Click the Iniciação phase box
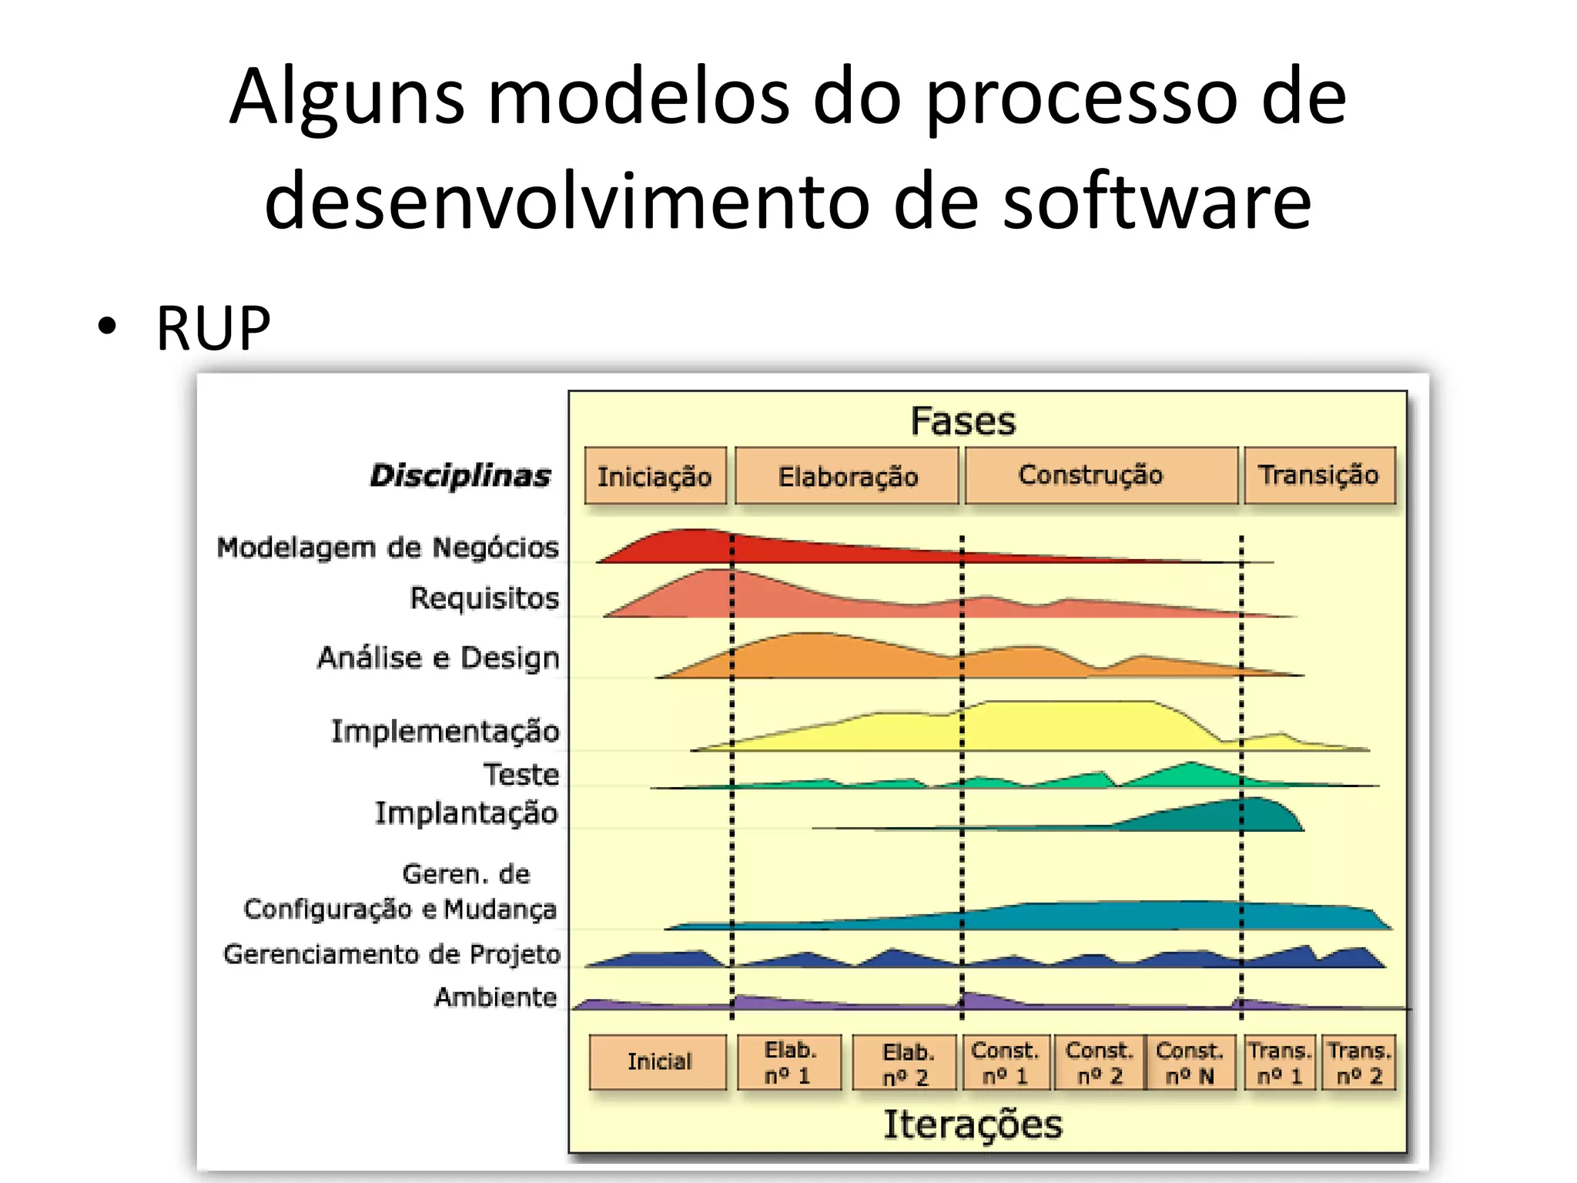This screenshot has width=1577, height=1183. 655,476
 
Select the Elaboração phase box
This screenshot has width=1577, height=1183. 847,476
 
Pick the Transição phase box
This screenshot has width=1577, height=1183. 1318,475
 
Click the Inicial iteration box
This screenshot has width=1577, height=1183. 658,1062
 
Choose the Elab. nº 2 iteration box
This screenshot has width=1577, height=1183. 906,1064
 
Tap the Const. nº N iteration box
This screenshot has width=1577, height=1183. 1190,1063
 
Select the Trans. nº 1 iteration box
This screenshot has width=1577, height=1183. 1279,1063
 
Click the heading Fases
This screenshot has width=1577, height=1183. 963,421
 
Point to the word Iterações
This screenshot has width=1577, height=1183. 972,1124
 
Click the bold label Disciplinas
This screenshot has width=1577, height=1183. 460,475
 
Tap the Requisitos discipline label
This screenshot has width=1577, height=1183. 484,598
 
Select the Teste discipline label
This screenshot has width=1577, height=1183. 521,774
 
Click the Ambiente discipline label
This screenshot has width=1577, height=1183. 496,997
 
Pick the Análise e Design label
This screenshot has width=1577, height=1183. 438,658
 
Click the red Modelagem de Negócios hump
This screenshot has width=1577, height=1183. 693,546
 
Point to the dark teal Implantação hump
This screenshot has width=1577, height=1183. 1247,815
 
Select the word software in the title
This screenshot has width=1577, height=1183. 1157,201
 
